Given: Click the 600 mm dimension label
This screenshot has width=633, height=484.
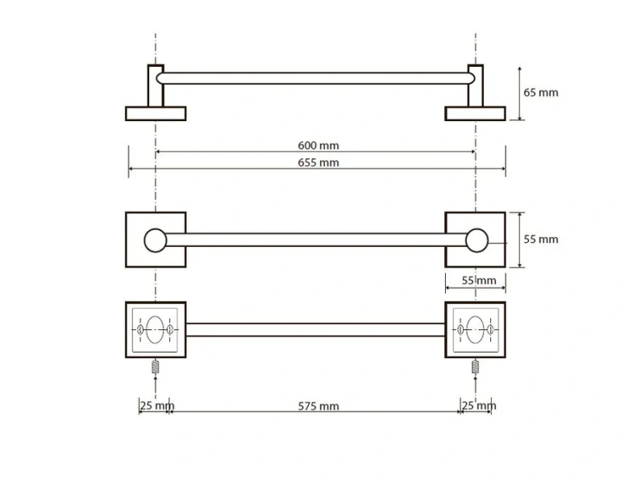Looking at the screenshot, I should pyautogui.click(x=318, y=146).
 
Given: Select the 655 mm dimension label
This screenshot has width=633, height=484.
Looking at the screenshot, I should pyautogui.click(x=318, y=163).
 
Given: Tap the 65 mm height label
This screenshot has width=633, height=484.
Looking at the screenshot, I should pyautogui.click(x=540, y=93).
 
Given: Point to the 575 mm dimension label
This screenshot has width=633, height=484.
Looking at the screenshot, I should pyautogui.click(x=318, y=406).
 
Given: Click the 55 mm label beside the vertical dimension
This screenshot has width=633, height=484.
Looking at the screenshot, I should pyautogui.click(x=540, y=240).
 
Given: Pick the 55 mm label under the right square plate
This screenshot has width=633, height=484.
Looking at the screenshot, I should pyautogui.click(x=476, y=280).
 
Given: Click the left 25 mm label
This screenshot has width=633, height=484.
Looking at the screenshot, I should pyautogui.click(x=156, y=405).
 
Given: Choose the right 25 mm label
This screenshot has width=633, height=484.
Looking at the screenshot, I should pyautogui.click(x=478, y=405).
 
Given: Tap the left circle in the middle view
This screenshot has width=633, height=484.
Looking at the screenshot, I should pyautogui.click(x=155, y=240).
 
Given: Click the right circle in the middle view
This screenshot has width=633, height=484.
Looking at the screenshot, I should pyautogui.click(x=477, y=240).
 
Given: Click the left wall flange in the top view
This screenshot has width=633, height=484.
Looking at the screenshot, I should pyautogui.click(x=156, y=113).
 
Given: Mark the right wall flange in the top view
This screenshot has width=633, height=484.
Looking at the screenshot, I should pyautogui.click(x=475, y=113).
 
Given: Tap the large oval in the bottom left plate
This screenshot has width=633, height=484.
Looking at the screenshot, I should pyautogui.click(x=156, y=329).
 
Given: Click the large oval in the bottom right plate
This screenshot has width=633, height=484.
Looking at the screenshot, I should pyautogui.click(x=476, y=329).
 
